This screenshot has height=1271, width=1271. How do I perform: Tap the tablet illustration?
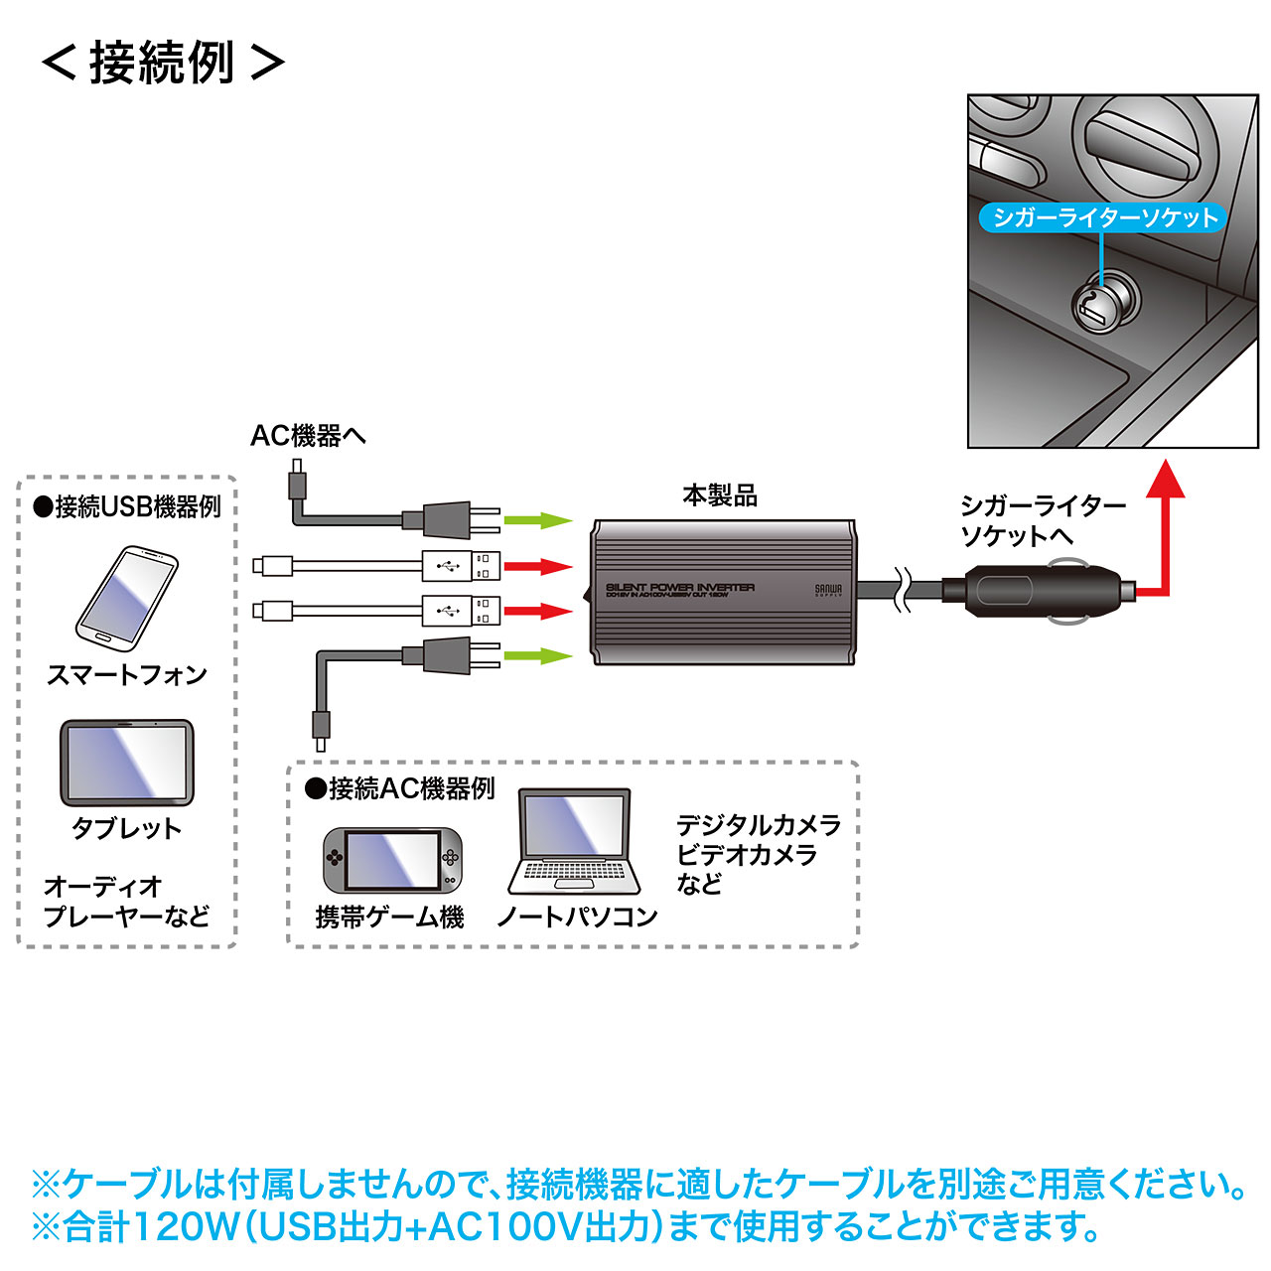click(x=127, y=763)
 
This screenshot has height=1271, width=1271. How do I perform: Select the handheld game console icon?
click(x=393, y=860)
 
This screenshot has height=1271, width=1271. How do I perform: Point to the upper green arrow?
click(x=538, y=520)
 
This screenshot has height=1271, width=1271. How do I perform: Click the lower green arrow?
click(x=538, y=655)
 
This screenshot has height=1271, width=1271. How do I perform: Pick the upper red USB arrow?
click(x=538, y=567)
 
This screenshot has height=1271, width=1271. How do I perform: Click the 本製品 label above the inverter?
click(x=719, y=494)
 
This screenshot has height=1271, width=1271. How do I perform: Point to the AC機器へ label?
click(x=308, y=435)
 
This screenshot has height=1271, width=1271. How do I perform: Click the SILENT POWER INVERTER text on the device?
click(x=679, y=588)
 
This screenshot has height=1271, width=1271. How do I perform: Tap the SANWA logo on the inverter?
click(x=828, y=590)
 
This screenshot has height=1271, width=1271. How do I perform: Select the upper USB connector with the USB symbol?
click(x=460, y=566)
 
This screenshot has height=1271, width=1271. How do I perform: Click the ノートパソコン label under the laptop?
click(x=577, y=917)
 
